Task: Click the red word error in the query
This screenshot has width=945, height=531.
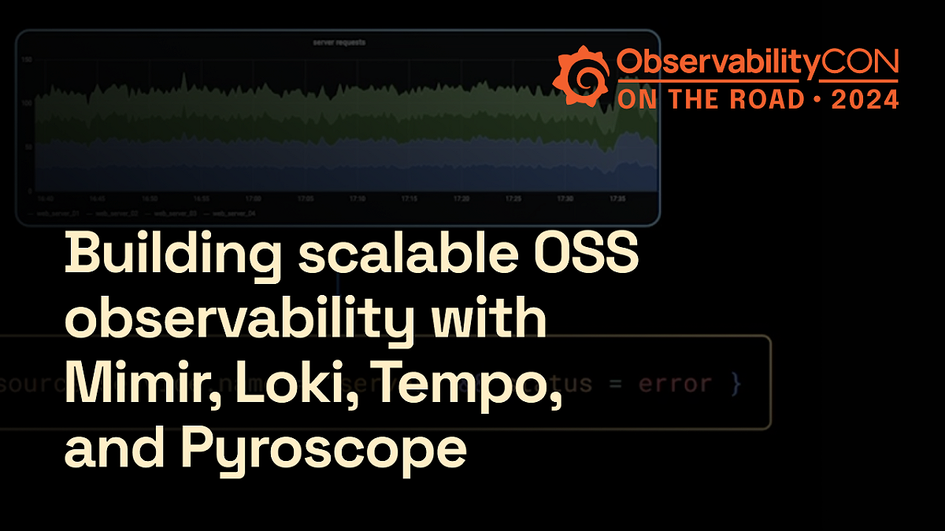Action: pyautogui.click(x=676, y=384)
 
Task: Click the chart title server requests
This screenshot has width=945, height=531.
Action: pyautogui.click(x=338, y=42)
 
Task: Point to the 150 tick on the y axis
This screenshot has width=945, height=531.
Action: pyautogui.click(x=26, y=60)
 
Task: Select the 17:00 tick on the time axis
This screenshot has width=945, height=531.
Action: pyautogui.click(x=254, y=200)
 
